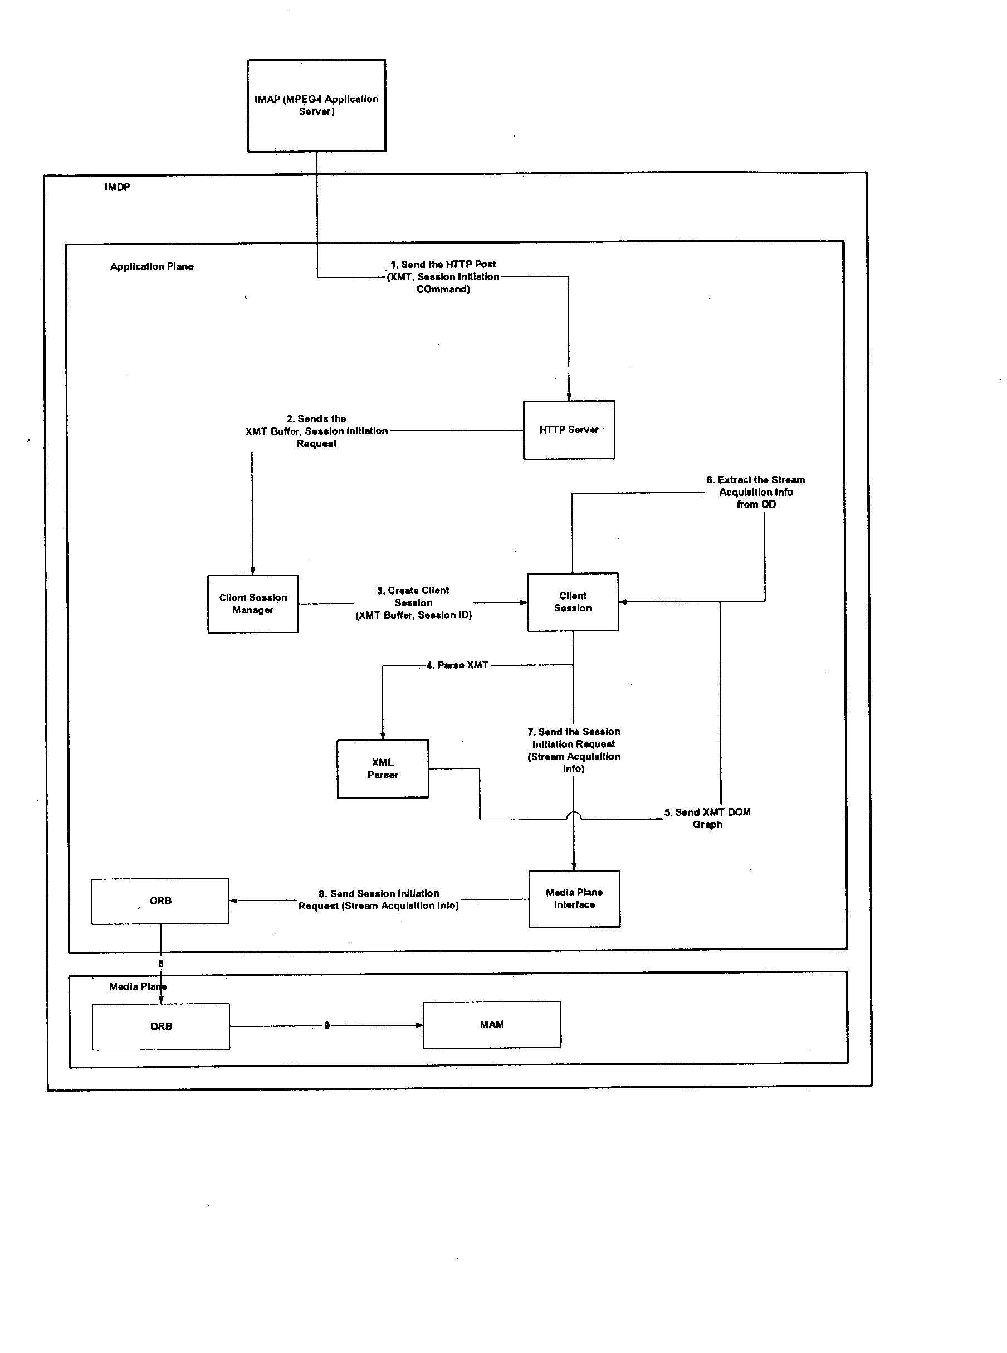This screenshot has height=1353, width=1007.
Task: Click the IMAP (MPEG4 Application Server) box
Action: [x=316, y=105]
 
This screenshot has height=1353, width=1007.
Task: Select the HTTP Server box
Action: [x=569, y=430]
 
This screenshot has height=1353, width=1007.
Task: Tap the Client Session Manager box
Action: [x=253, y=604]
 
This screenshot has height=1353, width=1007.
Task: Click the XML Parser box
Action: [x=383, y=769]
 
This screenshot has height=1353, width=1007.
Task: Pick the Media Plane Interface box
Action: [x=574, y=899]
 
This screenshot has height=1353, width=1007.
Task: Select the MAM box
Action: [x=492, y=1025]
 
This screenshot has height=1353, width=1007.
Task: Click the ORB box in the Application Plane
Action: [x=160, y=901]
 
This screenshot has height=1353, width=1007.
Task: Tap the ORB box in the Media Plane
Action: [x=161, y=1027]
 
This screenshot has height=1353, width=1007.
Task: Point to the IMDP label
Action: [x=117, y=187]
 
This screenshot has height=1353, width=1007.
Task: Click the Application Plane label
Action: [x=152, y=266]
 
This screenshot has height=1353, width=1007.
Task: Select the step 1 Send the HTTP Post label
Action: [x=443, y=277]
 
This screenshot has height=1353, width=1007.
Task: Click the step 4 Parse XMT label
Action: [x=457, y=665]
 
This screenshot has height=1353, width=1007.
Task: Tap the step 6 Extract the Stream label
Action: [x=756, y=492]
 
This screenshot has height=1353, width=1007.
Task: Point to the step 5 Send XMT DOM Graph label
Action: [x=707, y=818]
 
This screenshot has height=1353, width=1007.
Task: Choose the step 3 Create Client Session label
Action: [x=413, y=603]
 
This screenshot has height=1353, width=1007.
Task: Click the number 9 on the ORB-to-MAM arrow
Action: [x=327, y=1025]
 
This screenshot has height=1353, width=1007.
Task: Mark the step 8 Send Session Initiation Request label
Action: [x=379, y=900]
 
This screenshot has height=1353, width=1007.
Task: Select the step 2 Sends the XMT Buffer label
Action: [x=316, y=431]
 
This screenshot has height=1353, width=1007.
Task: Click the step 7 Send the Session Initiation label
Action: [x=574, y=750]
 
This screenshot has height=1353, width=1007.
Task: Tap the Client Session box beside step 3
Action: [x=573, y=602]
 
